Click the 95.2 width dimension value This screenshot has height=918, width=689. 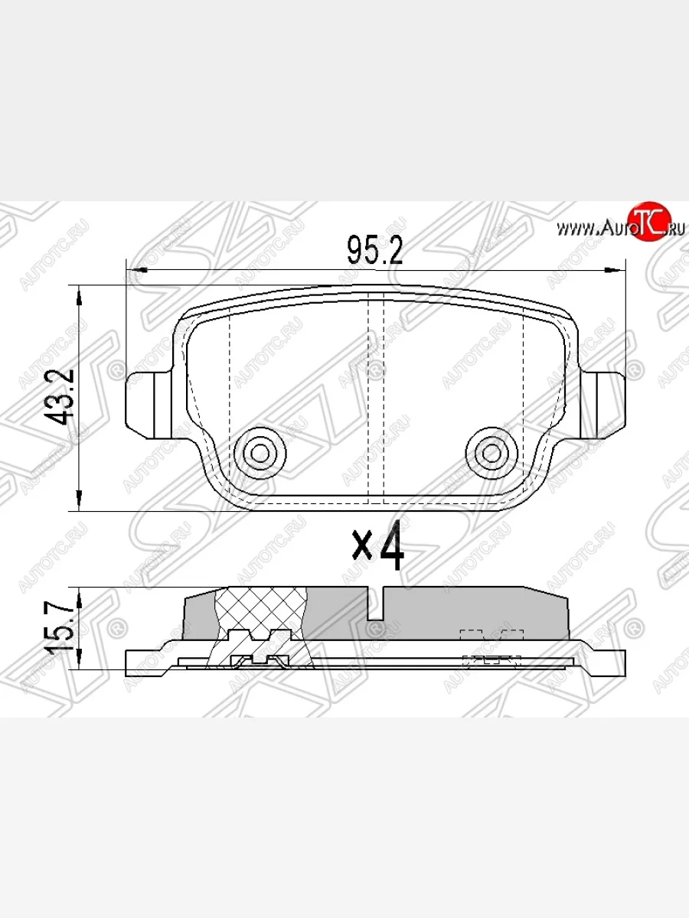pyautogui.click(x=374, y=249)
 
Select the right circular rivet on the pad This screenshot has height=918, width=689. pyautogui.click(x=490, y=453)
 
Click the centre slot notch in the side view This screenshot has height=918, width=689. pyautogui.click(x=375, y=604)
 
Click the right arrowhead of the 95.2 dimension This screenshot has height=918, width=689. pyautogui.click(x=617, y=270)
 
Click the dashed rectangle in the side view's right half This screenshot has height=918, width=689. pyautogui.click(x=491, y=634)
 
